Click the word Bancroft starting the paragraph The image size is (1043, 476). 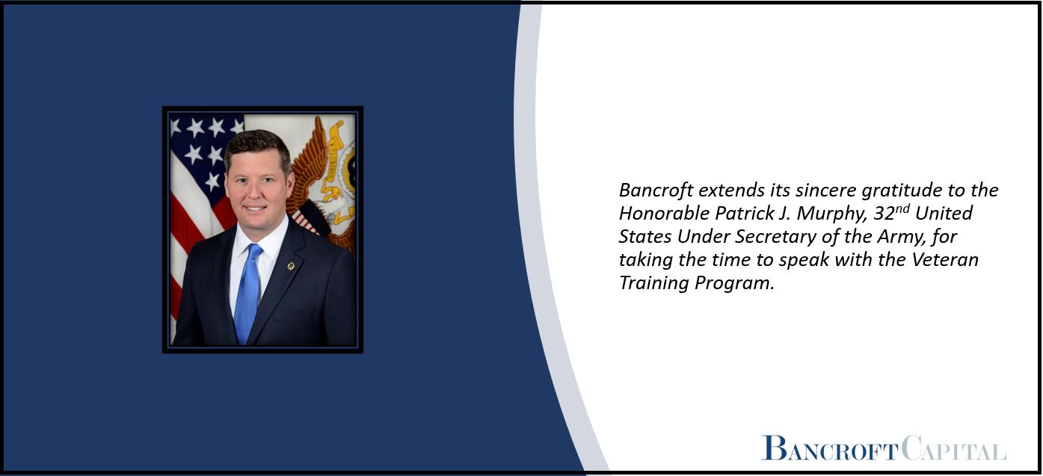pos(656,191)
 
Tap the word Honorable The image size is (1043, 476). pos(664,214)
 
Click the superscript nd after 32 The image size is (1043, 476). pos(902,208)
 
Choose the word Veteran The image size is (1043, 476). pos(945,259)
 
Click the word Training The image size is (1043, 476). pos(653,284)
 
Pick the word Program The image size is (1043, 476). pos(734,284)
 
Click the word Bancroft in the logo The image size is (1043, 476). pos(830,448)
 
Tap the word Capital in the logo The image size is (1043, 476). pos(953,448)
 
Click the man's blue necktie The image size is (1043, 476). pos(248,292)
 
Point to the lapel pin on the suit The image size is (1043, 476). pos(291,266)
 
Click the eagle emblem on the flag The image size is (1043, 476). pos(322,182)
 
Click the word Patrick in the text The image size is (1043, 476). pos(745,214)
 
